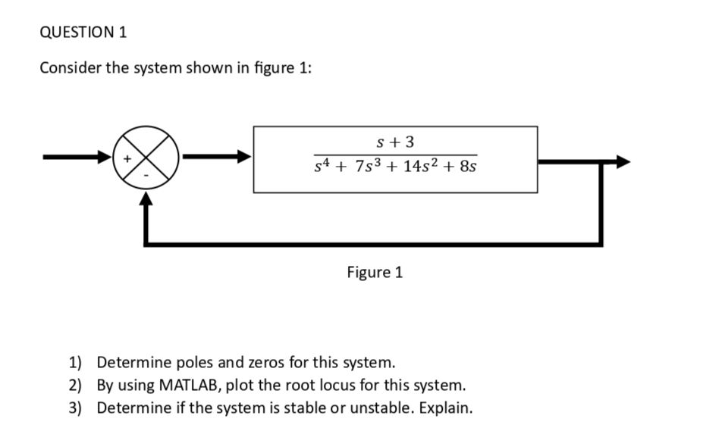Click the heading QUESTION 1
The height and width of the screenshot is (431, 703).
(x=83, y=32)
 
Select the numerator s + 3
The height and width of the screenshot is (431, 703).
(x=395, y=142)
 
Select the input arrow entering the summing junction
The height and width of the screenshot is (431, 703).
(x=76, y=158)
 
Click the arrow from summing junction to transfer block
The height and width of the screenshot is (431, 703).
(x=217, y=158)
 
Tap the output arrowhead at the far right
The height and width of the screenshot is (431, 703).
(x=622, y=161)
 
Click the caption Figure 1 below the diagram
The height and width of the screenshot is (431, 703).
(x=375, y=272)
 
